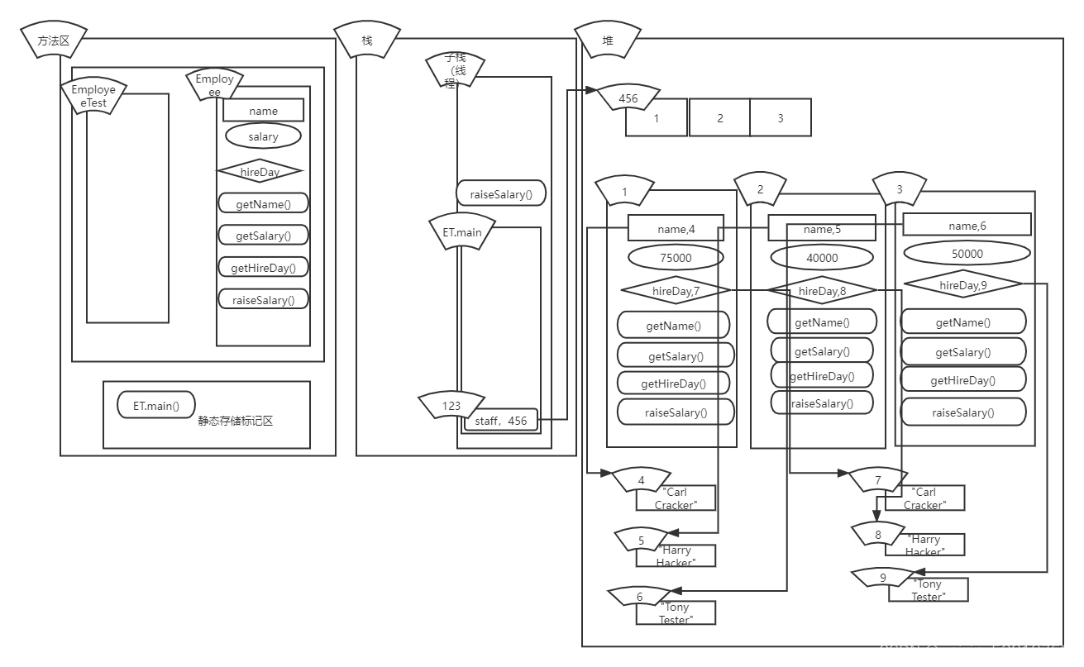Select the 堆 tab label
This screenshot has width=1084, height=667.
coord(609,40)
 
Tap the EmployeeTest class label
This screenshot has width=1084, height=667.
coord(94,96)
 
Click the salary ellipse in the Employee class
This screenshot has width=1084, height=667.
coord(263,136)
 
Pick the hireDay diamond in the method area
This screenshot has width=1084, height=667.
coord(260,172)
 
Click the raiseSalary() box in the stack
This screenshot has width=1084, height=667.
coord(501,194)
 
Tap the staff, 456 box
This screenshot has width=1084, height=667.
coord(500,421)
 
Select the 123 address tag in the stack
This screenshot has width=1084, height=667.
coord(451,405)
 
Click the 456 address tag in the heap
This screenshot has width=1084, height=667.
coord(628,98)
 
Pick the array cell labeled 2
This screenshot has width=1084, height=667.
coord(719,118)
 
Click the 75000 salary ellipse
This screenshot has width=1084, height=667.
coord(676,258)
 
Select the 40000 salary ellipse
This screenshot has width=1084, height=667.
coord(821,258)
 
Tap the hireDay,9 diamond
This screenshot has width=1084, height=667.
coord(963,285)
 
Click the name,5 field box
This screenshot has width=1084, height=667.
coord(821,229)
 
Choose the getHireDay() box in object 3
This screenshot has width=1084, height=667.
coord(962,380)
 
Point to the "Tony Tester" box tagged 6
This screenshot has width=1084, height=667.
coord(676,613)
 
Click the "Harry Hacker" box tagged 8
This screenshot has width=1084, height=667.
coord(924,546)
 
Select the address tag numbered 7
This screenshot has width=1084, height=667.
coord(878,479)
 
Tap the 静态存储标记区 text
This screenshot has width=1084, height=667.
coord(235,421)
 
